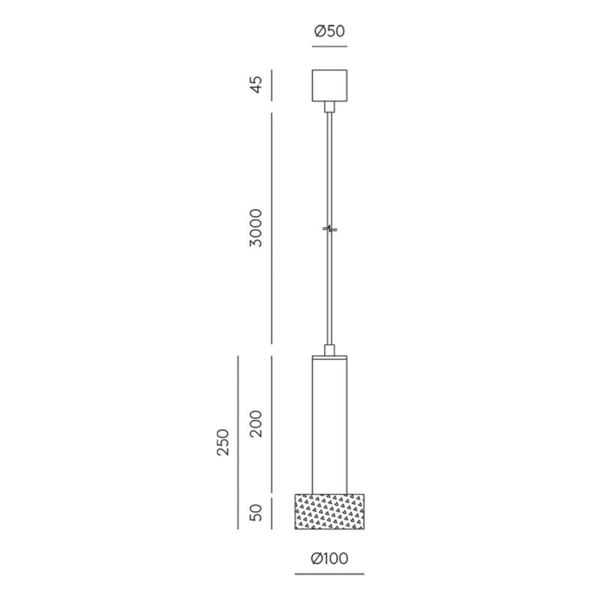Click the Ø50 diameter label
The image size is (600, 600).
(x=329, y=31)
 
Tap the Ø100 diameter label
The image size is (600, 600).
(x=329, y=558)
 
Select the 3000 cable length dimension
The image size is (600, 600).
(x=256, y=228)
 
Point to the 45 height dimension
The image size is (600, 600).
(x=256, y=85)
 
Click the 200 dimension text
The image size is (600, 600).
(x=256, y=424)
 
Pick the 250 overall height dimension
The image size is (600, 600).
(x=223, y=442)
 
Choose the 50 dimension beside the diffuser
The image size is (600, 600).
(x=256, y=512)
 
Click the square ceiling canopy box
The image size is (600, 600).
(x=329, y=85)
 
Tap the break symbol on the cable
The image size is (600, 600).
(x=329, y=229)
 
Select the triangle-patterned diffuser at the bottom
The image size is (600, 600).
(x=329, y=511)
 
